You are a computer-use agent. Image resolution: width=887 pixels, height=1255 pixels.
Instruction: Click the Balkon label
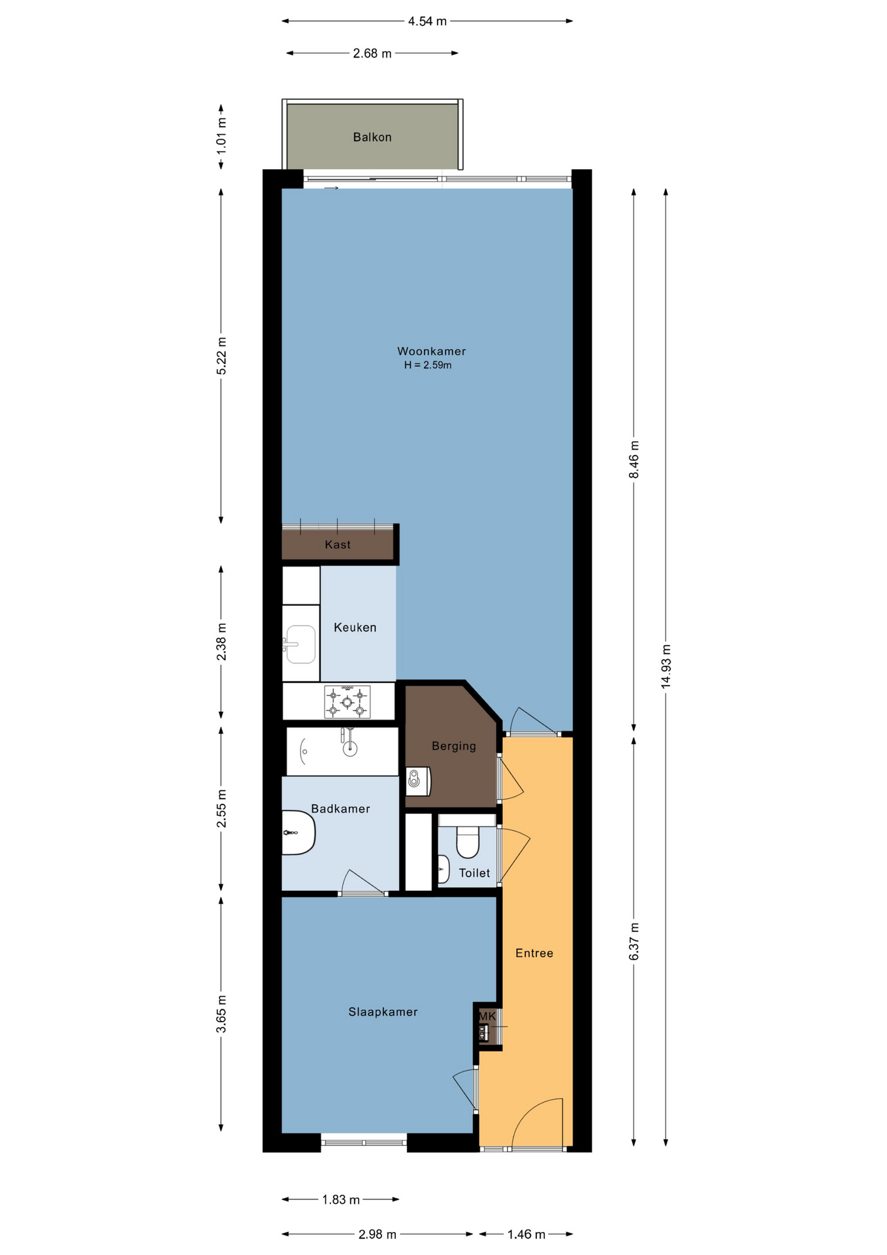(372, 137)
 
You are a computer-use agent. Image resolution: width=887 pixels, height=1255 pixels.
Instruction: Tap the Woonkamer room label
(432, 351)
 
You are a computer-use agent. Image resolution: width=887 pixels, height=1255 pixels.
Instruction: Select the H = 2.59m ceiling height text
(428, 365)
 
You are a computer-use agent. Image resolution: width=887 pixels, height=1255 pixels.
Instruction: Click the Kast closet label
(338, 544)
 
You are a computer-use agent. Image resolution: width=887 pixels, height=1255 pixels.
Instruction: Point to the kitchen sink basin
(301, 644)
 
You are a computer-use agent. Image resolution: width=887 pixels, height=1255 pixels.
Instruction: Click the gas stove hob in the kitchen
(347, 702)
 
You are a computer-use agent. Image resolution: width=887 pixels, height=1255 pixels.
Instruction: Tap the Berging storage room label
(454, 746)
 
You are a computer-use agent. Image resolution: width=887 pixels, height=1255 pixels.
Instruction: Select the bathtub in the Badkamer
(343, 752)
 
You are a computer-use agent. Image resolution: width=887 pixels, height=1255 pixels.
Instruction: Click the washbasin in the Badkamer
(298, 833)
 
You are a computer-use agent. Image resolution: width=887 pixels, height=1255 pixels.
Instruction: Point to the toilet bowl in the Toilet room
(468, 842)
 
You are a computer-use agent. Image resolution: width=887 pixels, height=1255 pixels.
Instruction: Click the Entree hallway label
(534, 953)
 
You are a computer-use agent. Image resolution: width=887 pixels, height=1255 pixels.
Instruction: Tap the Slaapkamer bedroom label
(383, 1012)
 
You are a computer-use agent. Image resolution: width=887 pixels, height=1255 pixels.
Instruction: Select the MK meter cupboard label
(487, 1016)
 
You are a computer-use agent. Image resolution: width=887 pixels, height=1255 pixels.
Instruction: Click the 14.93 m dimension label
(666, 666)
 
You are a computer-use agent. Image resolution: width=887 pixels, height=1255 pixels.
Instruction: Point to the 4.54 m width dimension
(427, 21)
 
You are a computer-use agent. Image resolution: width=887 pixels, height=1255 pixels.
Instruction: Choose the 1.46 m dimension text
(526, 1234)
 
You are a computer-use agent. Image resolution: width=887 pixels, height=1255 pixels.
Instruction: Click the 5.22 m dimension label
(221, 356)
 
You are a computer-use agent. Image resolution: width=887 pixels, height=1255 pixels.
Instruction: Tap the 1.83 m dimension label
(341, 1199)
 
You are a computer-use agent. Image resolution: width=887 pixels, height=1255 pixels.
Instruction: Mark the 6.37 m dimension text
(634, 942)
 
